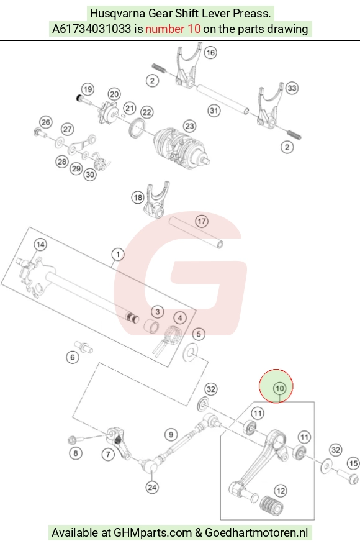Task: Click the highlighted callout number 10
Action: (280, 388)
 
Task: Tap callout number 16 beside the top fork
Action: (210, 53)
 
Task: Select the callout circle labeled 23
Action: (189, 126)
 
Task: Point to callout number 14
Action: (40, 245)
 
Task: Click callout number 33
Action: (292, 88)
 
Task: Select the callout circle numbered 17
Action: (202, 221)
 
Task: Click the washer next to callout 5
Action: (191, 352)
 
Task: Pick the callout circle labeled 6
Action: (73, 357)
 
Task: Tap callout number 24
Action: (152, 487)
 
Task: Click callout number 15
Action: (353, 463)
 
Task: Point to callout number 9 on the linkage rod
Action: (171, 435)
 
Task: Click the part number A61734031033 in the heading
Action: (91, 29)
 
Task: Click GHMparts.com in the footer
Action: (153, 533)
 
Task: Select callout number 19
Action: (88, 89)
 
